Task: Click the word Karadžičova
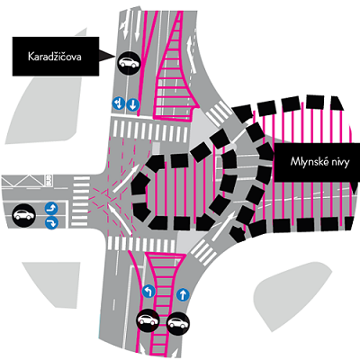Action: tap(55, 57)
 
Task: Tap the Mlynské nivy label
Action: tap(319, 162)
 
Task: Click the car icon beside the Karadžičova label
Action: tap(129, 63)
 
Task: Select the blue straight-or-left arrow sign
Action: tap(119, 103)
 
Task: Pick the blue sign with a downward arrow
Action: tap(132, 104)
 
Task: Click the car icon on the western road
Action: tap(23, 215)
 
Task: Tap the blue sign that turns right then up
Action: tap(51, 208)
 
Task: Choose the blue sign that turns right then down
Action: tap(51, 223)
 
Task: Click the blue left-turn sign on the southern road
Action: tap(148, 292)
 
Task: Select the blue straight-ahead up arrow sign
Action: tap(183, 295)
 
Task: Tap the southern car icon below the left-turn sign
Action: tap(148, 320)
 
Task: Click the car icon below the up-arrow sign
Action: tap(178, 323)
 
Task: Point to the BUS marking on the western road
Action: tap(49, 180)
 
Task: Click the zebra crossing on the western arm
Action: tap(80, 202)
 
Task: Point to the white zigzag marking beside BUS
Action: tap(23, 181)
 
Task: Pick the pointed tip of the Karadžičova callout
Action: tap(115, 56)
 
